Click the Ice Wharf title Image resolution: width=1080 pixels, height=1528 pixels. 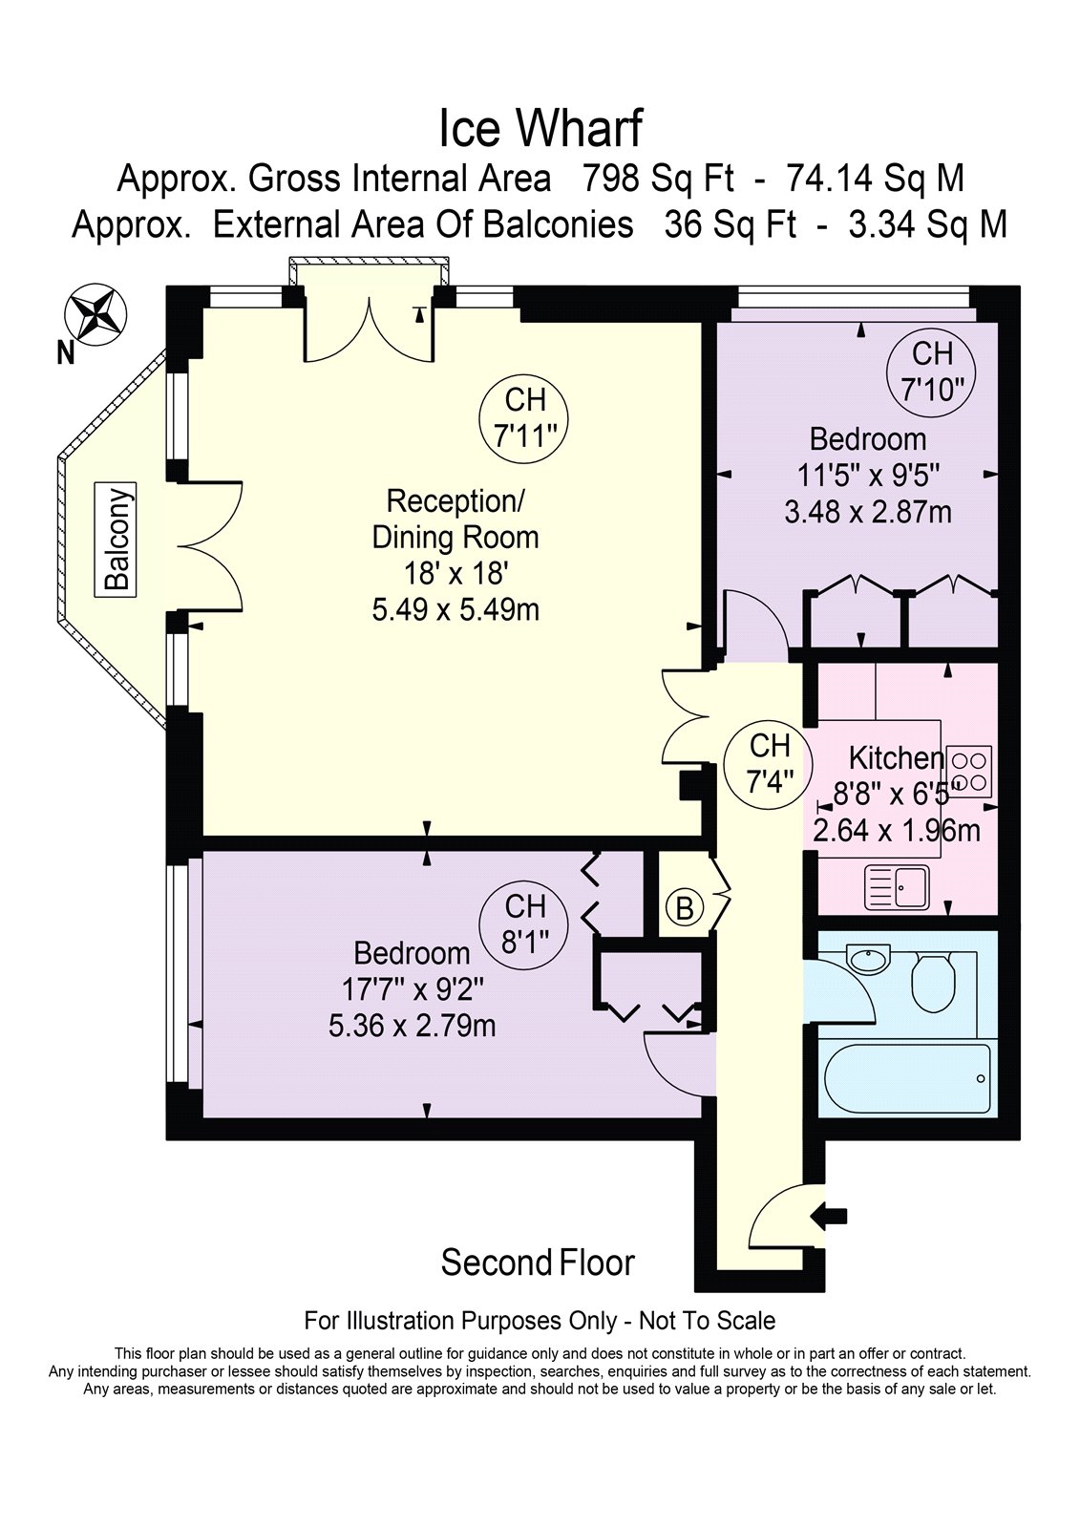pyautogui.click(x=540, y=129)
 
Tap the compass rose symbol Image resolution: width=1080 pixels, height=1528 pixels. pyautogui.click(x=95, y=314)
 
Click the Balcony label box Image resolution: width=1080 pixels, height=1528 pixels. pyautogui.click(x=116, y=539)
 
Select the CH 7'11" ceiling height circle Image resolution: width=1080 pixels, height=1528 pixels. pyautogui.click(x=524, y=417)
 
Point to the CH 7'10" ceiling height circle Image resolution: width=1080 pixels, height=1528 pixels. pyautogui.click(x=932, y=371)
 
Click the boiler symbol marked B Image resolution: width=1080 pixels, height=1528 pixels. pyautogui.click(x=685, y=908)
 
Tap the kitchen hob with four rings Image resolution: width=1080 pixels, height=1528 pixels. pyautogui.click(x=969, y=772)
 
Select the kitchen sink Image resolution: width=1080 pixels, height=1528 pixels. pyautogui.click(x=897, y=887)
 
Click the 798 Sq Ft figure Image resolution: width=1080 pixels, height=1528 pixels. pyautogui.click(x=658, y=179)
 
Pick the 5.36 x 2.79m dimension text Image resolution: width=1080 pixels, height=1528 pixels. pyautogui.click(x=413, y=1026)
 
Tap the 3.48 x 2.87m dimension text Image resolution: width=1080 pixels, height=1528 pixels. pyautogui.click(x=868, y=512)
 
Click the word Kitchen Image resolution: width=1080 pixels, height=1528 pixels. pyautogui.click(x=896, y=757)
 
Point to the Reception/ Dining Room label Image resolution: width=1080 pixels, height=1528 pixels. pyautogui.click(x=455, y=520)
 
